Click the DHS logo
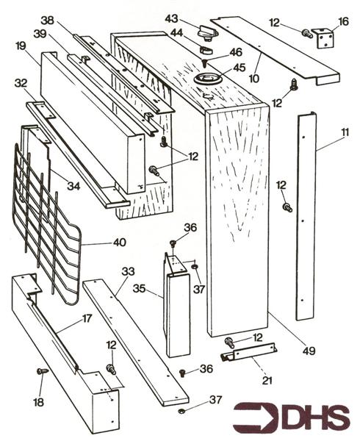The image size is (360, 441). (292, 417)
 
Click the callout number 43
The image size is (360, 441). (171, 18)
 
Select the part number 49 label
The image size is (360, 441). (309, 351)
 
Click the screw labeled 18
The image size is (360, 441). (43, 373)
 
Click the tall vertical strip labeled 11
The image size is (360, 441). (305, 220)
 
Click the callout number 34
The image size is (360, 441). (73, 187)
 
